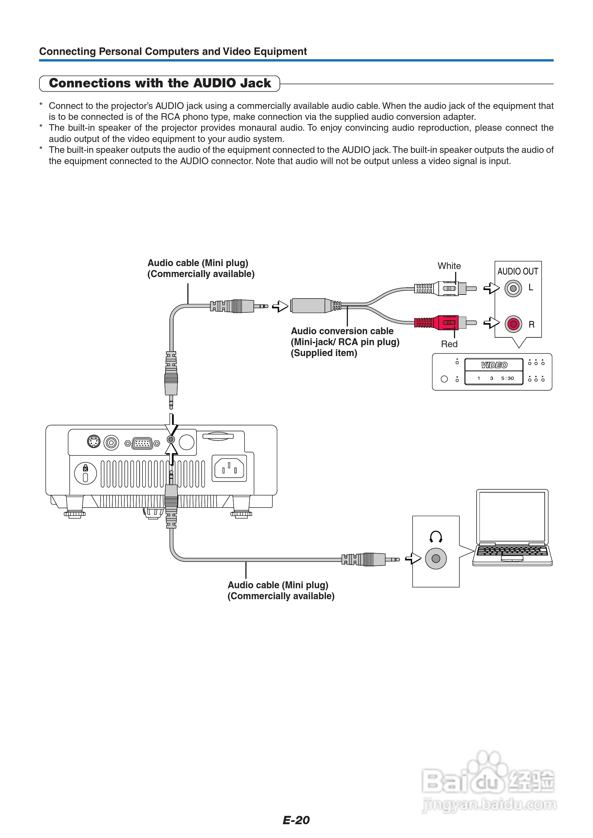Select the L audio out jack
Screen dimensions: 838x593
click(x=513, y=289)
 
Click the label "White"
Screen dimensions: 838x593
click(x=449, y=266)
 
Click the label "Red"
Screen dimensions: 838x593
click(x=449, y=344)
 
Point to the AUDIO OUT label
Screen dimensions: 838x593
click(x=517, y=271)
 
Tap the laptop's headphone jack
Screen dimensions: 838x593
click(x=436, y=559)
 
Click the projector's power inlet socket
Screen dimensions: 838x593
click(x=229, y=468)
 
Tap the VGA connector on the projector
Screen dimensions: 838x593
click(x=142, y=443)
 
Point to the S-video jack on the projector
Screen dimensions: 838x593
click(x=94, y=441)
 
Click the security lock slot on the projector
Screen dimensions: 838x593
click(x=85, y=473)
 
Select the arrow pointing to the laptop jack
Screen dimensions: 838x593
click(x=413, y=559)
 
